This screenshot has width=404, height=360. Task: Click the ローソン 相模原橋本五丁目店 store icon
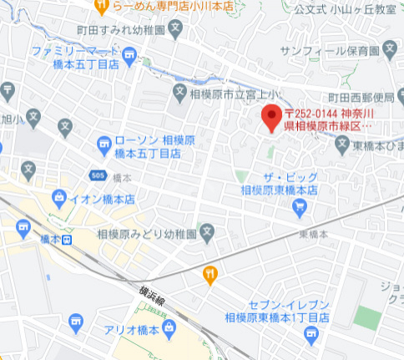(x=104, y=144)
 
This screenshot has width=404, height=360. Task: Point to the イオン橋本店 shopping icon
(x=59, y=199)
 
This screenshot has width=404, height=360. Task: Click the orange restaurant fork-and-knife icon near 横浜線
(x=210, y=272)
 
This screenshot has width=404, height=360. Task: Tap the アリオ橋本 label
(x=132, y=328)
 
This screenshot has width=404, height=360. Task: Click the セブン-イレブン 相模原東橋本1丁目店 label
(x=277, y=312)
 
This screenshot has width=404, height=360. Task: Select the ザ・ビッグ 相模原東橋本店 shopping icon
(x=300, y=205)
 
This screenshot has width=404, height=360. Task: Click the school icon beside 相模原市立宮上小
(x=178, y=90)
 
